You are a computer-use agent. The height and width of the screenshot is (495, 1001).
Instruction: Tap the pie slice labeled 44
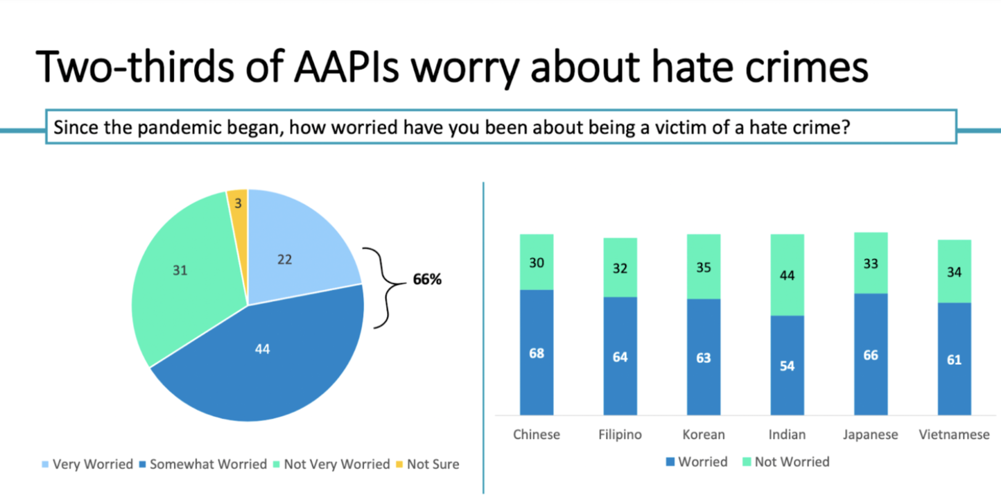pyautogui.click(x=262, y=358)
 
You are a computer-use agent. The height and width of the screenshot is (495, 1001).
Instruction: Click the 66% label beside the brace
pyautogui.click(x=427, y=280)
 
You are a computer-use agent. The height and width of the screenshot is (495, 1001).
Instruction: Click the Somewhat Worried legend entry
pyautogui.click(x=203, y=464)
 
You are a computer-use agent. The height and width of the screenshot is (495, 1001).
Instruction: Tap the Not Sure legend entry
pyautogui.click(x=428, y=464)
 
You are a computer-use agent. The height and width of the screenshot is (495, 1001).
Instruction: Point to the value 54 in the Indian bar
pyautogui.click(x=787, y=366)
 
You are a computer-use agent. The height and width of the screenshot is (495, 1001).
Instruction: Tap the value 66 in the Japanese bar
pyautogui.click(x=870, y=356)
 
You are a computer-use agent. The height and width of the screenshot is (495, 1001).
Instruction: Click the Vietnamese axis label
pyautogui.click(x=954, y=435)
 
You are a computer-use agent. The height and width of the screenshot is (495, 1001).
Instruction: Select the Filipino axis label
pyautogui.click(x=619, y=435)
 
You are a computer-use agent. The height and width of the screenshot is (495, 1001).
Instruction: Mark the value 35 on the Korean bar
pyautogui.click(x=703, y=268)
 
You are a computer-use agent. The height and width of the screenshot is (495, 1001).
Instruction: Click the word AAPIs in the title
pyautogui.click(x=346, y=67)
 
